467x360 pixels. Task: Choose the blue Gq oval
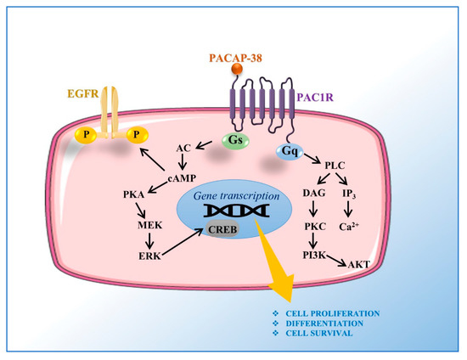click(x=287, y=150)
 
